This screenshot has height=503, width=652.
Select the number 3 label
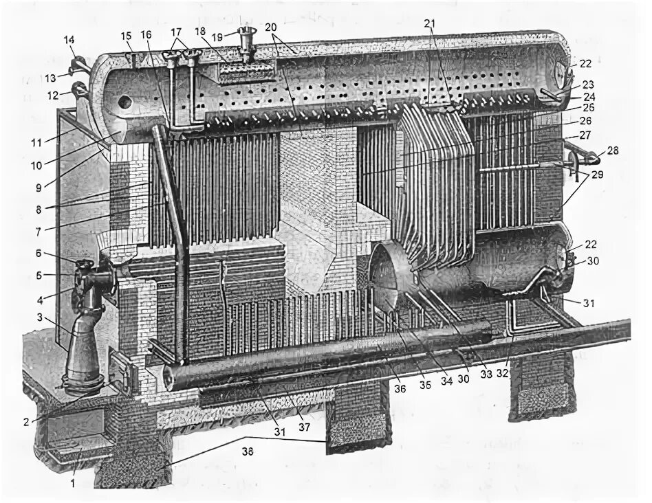[x=39, y=317]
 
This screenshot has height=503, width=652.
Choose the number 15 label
[x=126, y=35]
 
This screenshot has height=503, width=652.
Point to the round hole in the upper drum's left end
[x=124, y=102]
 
